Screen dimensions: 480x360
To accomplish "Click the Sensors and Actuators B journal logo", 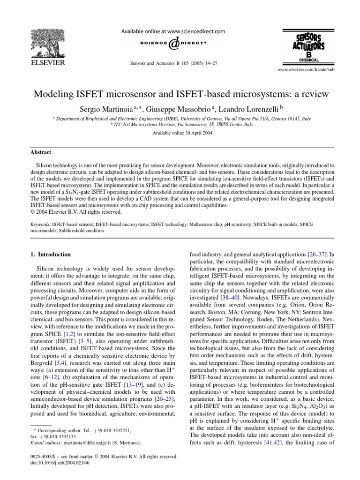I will click(302, 47).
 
